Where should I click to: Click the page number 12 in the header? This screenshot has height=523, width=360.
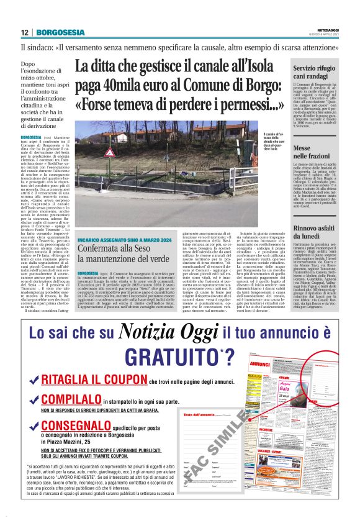25,32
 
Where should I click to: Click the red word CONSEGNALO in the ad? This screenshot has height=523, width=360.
70,427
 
